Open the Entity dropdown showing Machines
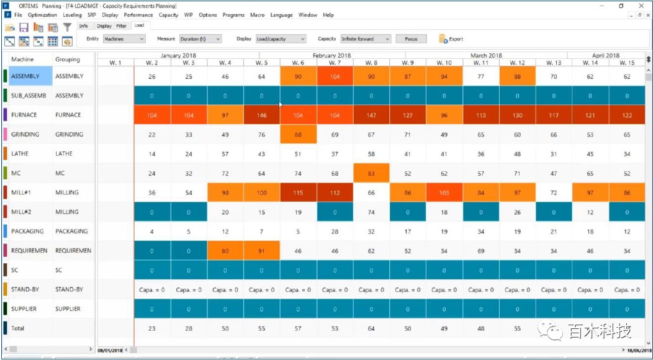click(124, 39)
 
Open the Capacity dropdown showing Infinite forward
click(365, 39)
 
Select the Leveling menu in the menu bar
click(72, 15)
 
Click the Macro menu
click(257, 15)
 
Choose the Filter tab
click(121, 26)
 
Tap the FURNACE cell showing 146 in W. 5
click(261, 115)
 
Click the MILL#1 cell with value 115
click(298, 193)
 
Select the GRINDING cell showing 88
click(298, 135)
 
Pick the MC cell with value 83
click(371, 174)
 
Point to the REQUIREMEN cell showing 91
click(261, 251)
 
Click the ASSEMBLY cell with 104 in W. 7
click(335, 76)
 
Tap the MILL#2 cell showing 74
click(371, 212)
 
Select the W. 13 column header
click(553, 63)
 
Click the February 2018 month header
click(332, 55)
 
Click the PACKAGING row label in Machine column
click(27, 232)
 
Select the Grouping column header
click(68, 60)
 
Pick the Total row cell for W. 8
click(371, 328)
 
